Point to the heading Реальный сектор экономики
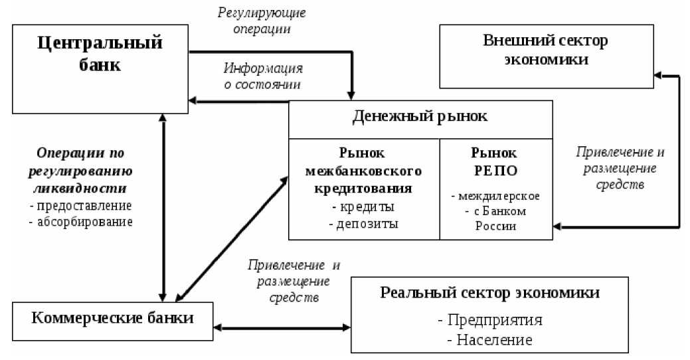pyautogui.click(x=490, y=293)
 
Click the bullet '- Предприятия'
pyautogui.click(x=490, y=319)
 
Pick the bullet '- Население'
pyautogui.click(x=490, y=340)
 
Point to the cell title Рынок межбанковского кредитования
pyautogui.click(x=363, y=170)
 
